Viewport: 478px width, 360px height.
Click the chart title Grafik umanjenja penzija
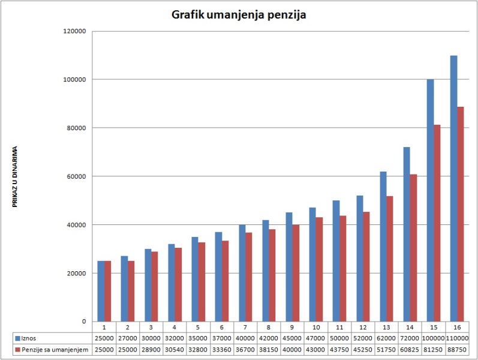coord(239,14)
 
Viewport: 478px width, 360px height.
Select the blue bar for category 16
coord(453,188)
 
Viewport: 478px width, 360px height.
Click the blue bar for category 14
coord(407,234)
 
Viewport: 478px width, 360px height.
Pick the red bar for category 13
coord(390,259)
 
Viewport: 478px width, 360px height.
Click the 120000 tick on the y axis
coord(75,31)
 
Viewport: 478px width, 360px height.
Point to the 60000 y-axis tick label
coord(77,176)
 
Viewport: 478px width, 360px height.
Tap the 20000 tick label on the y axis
coord(77,273)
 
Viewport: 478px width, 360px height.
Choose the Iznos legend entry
coord(29,339)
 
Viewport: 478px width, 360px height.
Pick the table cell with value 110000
coord(457,339)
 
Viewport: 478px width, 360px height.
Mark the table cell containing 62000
coord(387,339)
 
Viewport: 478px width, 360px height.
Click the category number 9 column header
coord(292,328)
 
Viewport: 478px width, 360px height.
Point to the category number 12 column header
coord(363,328)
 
